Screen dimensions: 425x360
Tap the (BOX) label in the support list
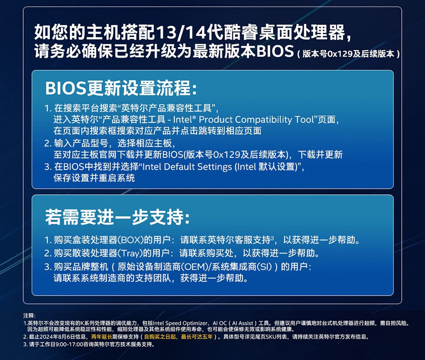[x=130, y=240]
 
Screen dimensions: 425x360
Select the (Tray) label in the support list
[x=130, y=253]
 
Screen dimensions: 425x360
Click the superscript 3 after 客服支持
[x=272, y=238]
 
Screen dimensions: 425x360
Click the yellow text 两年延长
[x=102, y=337]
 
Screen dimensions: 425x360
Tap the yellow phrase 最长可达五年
[x=197, y=337]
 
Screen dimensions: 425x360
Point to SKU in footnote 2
[x=270, y=337]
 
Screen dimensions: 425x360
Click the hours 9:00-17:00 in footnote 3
[x=68, y=344]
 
